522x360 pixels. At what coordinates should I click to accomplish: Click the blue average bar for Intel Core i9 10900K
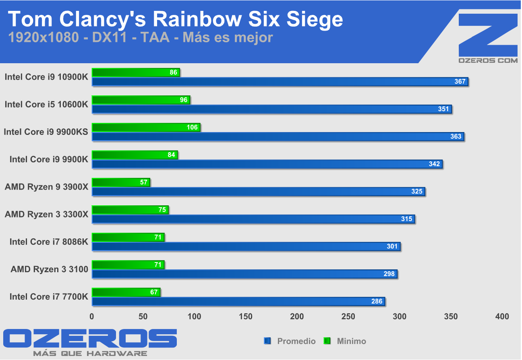click(280, 82)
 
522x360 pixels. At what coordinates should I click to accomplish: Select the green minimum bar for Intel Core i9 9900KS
click(146, 128)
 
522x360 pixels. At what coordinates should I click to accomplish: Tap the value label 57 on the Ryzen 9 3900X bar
click(144, 182)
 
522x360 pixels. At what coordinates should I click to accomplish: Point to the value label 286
click(377, 301)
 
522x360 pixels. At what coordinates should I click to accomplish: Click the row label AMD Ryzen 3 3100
click(49, 269)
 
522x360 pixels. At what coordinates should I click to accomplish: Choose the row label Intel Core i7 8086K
click(48, 242)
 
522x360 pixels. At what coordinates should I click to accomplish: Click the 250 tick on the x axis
click(348, 317)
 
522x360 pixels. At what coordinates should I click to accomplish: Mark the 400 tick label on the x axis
click(502, 317)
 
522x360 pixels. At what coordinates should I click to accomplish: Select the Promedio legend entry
click(296, 341)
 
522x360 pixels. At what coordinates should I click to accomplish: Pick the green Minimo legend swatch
click(327, 341)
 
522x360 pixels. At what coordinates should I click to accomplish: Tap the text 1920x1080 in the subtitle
click(43, 37)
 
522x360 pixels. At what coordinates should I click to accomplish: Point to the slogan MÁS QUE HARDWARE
click(90, 354)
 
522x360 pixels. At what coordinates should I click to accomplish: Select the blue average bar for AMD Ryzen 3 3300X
click(253, 219)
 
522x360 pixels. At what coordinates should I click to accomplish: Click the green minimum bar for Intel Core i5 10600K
click(141, 100)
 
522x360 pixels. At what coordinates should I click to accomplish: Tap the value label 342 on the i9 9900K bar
click(434, 164)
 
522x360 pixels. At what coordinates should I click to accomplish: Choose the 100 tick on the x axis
click(195, 317)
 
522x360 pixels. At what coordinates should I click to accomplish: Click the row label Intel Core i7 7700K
click(48, 297)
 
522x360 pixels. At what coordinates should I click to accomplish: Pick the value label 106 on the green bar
click(192, 127)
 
